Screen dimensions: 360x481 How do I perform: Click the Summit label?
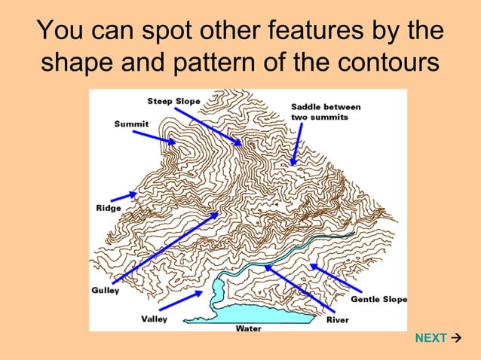point(131,124)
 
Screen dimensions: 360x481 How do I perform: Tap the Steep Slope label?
point(173,101)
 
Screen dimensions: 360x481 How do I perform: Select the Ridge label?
point(108,208)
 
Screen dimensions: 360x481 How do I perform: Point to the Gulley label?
point(106,291)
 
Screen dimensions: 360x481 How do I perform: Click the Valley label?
point(154,319)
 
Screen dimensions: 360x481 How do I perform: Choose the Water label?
point(248,328)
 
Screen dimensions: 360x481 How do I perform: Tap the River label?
point(337,319)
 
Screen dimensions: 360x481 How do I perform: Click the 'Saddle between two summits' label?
point(325,112)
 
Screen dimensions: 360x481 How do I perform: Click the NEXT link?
point(431,338)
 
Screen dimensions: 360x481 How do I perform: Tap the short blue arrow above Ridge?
point(125,195)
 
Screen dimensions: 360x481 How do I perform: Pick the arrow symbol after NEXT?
point(456,338)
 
